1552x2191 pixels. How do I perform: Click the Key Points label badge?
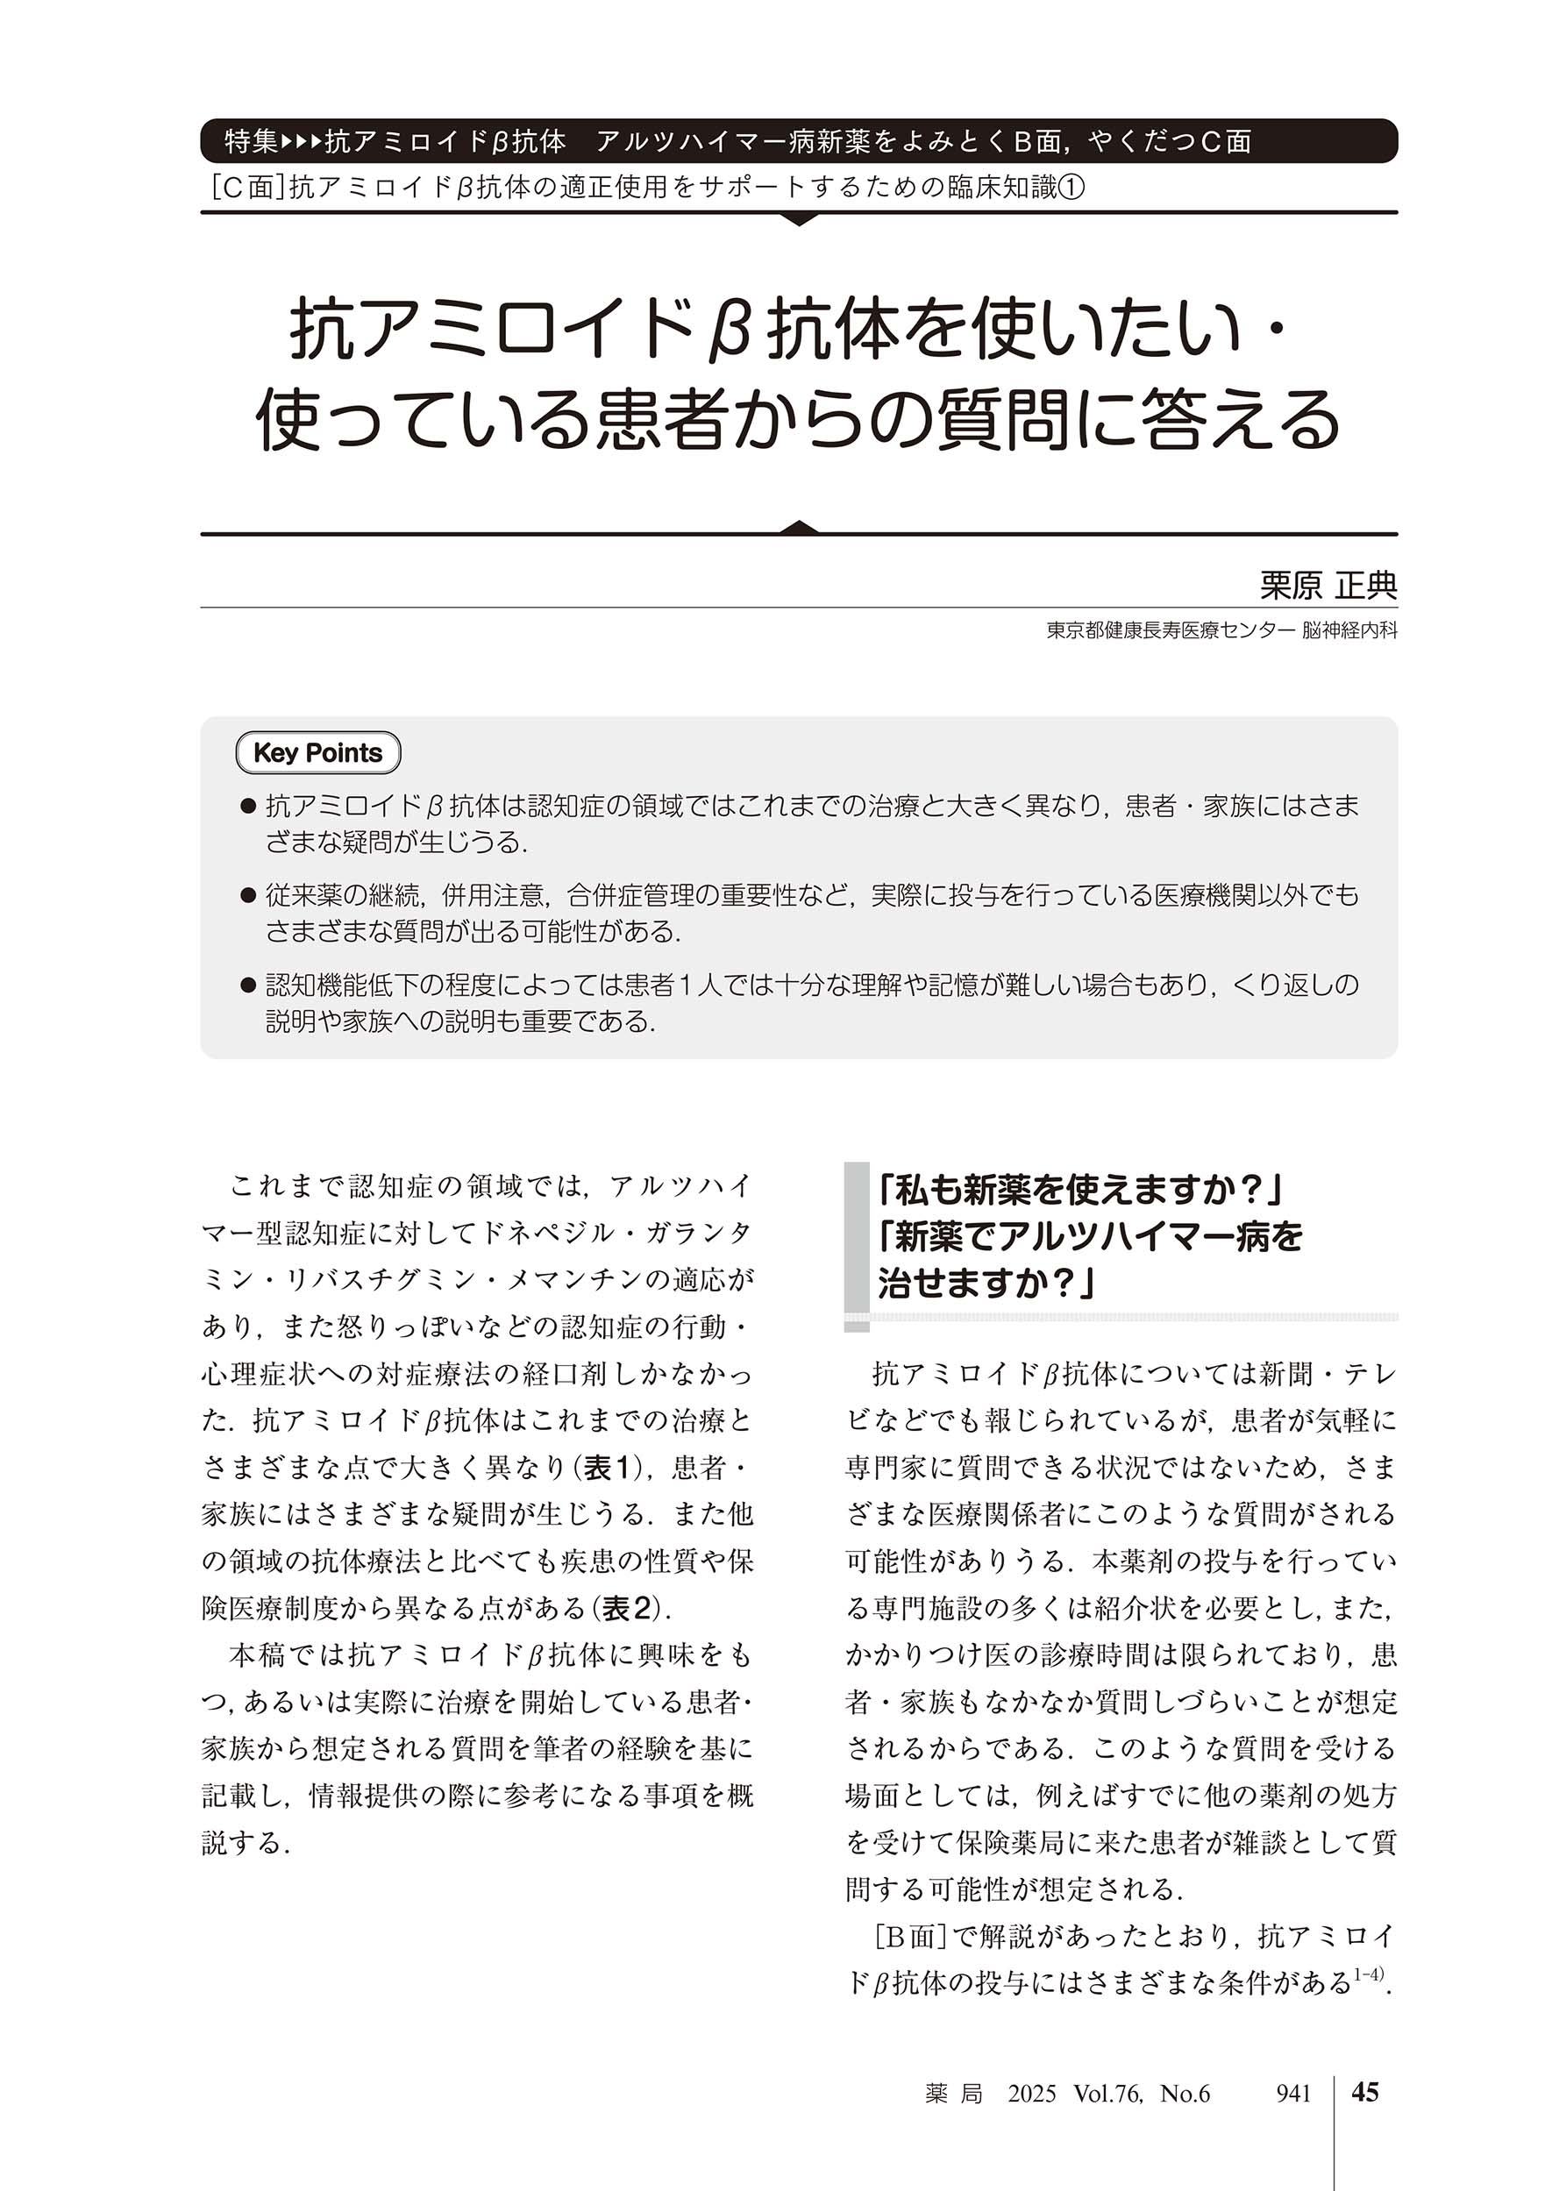tap(317, 753)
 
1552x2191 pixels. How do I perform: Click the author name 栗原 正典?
tap(1328, 585)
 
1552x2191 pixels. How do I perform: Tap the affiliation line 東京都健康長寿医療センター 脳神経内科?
tap(1221, 630)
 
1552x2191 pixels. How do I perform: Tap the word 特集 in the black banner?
tap(252, 142)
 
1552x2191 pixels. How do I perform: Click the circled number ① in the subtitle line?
tap(1072, 189)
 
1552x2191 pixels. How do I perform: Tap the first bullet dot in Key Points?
tap(247, 807)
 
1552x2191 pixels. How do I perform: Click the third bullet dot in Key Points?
tap(247, 985)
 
